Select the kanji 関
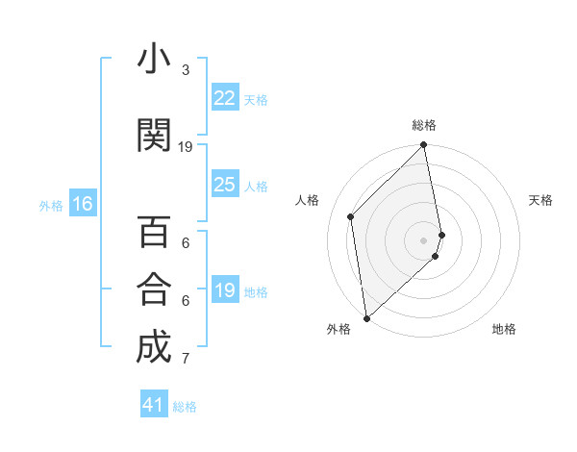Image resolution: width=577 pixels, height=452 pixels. click(x=153, y=136)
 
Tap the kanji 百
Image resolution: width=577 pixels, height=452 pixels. click(x=153, y=234)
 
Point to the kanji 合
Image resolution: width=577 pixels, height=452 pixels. click(x=153, y=289)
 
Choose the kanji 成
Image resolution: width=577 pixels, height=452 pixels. click(x=153, y=348)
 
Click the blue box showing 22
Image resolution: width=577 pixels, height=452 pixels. click(x=225, y=98)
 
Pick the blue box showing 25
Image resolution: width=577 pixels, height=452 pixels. click(x=225, y=185)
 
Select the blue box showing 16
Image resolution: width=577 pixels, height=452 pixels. click(x=82, y=204)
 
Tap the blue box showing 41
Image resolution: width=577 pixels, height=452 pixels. click(x=154, y=405)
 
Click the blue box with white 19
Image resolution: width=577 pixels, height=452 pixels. click(x=225, y=290)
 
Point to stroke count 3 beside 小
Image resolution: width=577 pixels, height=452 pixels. click(x=185, y=70)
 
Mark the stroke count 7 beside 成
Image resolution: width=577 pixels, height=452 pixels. click(x=185, y=360)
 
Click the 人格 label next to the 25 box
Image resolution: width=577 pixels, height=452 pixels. click(x=256, y=186)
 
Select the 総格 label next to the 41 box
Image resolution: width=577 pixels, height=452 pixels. click(x=185, y=406)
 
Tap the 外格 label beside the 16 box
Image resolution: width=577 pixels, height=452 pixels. click(x=51, y=205)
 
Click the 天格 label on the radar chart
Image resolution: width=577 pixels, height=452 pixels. click(x=541, y=200)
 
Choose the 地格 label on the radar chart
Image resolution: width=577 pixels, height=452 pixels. click(x=504, y=329)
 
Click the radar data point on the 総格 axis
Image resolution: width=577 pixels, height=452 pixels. click(x=423, y=145)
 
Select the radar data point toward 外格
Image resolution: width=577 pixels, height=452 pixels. click(x=365, y=317)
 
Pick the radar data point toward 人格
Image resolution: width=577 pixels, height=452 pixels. click(x=351, y=216)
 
